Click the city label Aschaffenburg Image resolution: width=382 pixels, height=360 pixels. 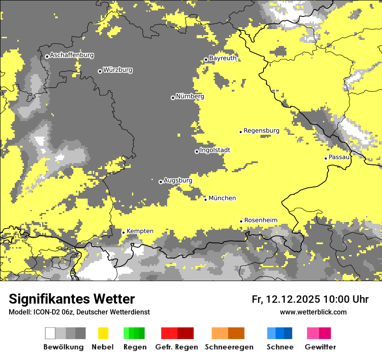point(72,56)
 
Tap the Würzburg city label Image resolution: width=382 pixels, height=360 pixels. point(118,70)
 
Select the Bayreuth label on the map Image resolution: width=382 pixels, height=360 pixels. point(223,58)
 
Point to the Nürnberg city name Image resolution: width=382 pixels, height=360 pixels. point(190,96)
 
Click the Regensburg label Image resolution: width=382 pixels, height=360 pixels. point(261,131)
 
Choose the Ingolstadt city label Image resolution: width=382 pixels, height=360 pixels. point(215,150)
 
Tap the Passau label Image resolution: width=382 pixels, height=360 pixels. point(339,157)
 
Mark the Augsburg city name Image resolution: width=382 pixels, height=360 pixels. point(178,180)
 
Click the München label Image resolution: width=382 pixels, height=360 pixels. point(222,198)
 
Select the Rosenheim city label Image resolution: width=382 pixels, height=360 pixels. point(260,220)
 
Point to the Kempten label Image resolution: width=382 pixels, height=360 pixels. point(140,231)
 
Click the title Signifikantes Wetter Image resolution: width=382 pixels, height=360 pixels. point(72,299)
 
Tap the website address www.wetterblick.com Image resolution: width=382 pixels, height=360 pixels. point(313,312)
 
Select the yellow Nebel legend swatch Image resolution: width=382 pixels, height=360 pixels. point(103,333)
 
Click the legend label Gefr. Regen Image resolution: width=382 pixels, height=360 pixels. point(177,347)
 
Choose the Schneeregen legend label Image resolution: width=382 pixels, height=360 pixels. point(229,347)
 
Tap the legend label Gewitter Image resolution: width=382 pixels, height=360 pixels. point(320,347)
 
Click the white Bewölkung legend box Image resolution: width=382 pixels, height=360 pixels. point(50,333)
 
